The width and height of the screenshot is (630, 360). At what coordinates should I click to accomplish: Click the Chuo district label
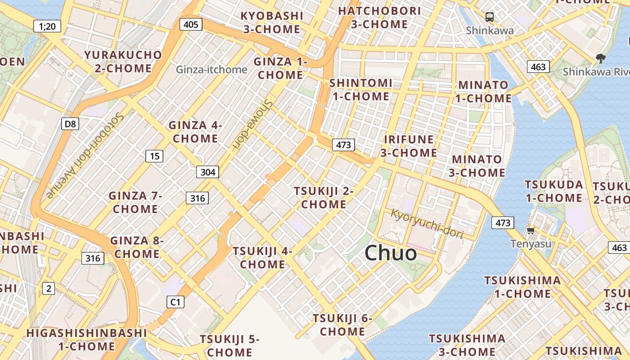click(391, 253)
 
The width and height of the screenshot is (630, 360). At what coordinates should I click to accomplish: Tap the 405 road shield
click(191, 24)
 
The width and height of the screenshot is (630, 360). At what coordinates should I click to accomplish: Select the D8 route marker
click(70, 124)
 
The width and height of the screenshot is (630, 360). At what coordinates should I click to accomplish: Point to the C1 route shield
click(175, 302)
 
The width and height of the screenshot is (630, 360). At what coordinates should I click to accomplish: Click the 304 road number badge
click(207, 172)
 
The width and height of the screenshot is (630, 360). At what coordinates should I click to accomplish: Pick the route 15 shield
click(154, 156)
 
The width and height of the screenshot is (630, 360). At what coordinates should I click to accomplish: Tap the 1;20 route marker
click(47, 26)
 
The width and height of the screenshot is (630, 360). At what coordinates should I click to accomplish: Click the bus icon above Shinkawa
click(490, 18)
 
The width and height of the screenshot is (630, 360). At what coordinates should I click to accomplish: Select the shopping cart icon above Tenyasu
click(531, 231)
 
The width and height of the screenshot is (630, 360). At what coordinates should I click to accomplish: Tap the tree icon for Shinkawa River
click(600, 58)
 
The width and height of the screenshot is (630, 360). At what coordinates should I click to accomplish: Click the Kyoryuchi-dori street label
click(427, 222)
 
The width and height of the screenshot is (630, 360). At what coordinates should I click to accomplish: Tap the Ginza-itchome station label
click(211, 70)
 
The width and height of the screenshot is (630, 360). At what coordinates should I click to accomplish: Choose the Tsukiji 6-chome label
click(342, 325)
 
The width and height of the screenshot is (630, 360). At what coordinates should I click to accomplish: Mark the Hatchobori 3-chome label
click(379, 18)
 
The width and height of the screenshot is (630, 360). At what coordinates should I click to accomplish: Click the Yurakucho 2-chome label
click(123, 62)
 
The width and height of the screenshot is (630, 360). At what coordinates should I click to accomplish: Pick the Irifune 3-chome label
click(409, 146)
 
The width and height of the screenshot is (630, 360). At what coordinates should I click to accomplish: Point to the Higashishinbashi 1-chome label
click(86, 340)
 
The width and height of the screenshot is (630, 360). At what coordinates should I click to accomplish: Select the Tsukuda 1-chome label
click(554, 191)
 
